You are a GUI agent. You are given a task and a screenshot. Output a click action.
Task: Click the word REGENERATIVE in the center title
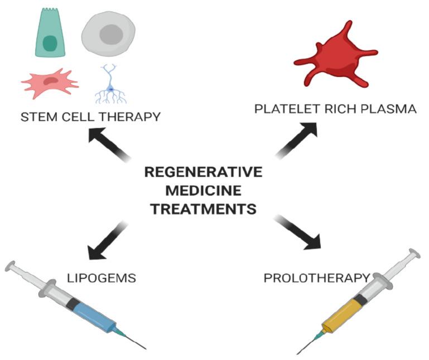pos(203,172)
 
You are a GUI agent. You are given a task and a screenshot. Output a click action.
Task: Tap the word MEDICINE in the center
pos(203,191)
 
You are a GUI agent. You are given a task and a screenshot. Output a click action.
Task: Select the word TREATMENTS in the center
pos(203,210)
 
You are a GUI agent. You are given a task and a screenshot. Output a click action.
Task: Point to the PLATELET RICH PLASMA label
pos(335,109)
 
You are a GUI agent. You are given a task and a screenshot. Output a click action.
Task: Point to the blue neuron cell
pos(110,86)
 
